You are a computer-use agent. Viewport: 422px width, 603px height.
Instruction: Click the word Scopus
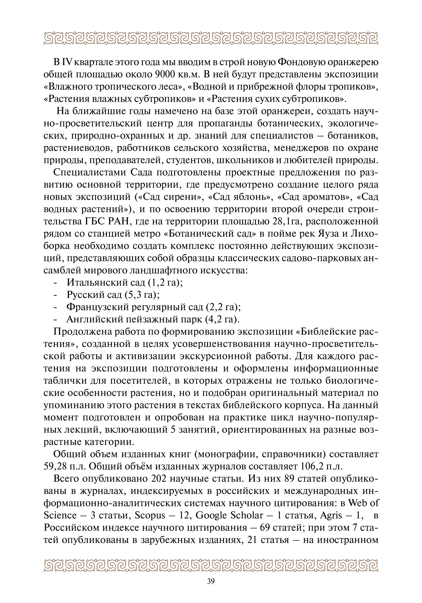coord(150,515)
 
